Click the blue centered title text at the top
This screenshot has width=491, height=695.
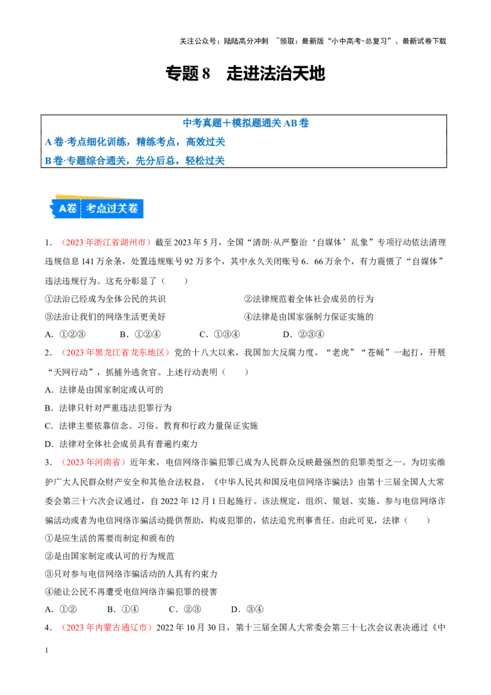[x=245, y=122]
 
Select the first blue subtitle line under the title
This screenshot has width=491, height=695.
[x=135, y=142]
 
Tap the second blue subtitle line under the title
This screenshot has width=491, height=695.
[x=135, y=161]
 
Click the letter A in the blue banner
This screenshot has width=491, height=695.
[x=63, y=209]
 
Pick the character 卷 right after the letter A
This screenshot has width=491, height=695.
[x=72, y=209]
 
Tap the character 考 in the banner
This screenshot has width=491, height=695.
[x=91, y=209]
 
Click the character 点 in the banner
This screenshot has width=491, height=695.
[x=103, y=209]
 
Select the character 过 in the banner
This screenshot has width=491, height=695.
[x=115, y=209]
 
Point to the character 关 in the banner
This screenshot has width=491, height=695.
[x=126, y=209]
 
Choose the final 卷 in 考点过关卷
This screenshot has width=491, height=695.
[x=136, y=209]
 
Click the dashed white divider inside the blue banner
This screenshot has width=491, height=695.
[x=81, y=209]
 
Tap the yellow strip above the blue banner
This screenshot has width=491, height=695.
[x=98, y=197]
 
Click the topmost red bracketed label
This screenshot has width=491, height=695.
[x=106, y=243]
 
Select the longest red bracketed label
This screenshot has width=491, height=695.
[x=115, y=352]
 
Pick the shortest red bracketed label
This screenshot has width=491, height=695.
[x=93, y=462]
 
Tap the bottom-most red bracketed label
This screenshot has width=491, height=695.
[x=106, y=627]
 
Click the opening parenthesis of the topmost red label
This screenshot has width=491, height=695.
[x=63, y=243]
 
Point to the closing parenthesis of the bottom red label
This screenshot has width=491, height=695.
[x=150, y=627]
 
